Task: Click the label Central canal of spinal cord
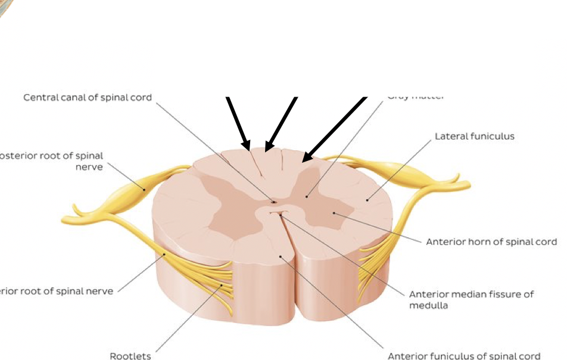(x=88, y=97)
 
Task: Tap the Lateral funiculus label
(x=474, y=136)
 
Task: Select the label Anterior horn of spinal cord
(x=491, y=241)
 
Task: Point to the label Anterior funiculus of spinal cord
(x=464, y=356)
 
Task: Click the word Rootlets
(x=130, y=356)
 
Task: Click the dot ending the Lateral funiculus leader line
(x=367, y=200)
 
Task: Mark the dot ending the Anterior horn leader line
(x=334, y=212)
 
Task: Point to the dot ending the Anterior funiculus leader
(x=281, y=256)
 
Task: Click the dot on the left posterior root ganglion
(x=144, y=190)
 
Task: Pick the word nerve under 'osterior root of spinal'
(x=90, y=167)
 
